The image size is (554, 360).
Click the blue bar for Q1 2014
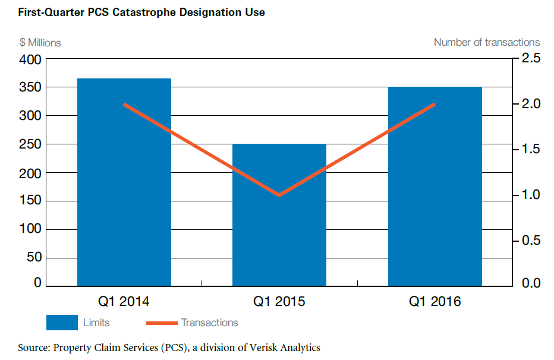click(124, 182)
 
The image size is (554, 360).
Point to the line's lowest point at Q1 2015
click(279, 195)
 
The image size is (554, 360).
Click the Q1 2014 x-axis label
click(124, 302)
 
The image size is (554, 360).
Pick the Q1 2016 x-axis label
click(435, 302)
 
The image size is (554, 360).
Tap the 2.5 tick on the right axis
click(531, 59)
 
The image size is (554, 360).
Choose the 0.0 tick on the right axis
click(531, 283)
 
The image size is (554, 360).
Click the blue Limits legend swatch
click(62, 323)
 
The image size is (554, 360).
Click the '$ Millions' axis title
click(40, 42)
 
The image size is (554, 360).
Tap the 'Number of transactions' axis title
click(487, 42)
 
